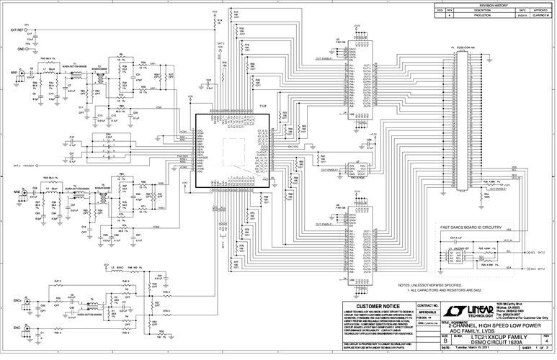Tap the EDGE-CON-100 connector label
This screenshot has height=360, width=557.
coord(462,48)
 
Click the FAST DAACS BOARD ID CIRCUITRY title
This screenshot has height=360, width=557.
coord(476,227)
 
